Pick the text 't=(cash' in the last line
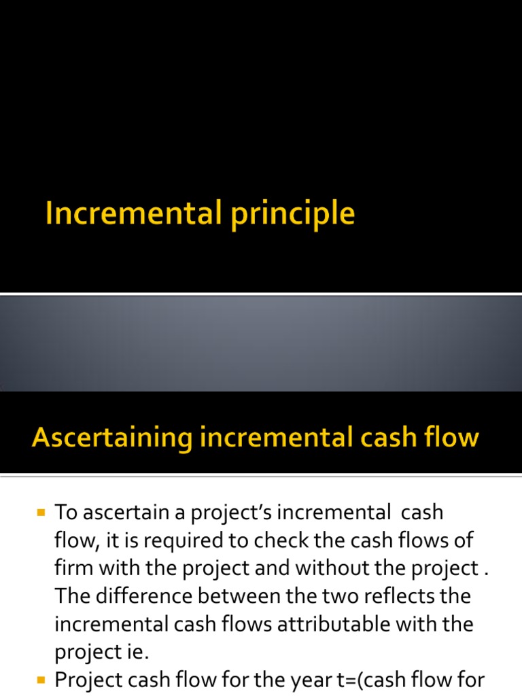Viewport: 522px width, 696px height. pos(370,680)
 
